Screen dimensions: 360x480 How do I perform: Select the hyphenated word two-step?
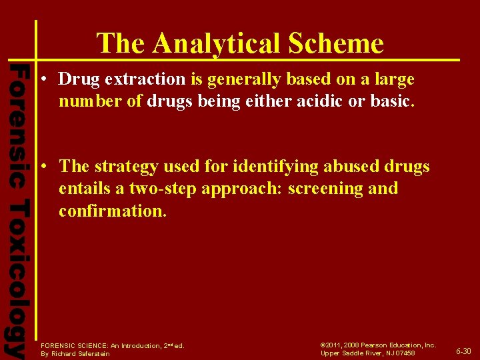[159, 189]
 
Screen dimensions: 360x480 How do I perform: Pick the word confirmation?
[111, 211]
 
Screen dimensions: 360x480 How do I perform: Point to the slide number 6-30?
[463, 351]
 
